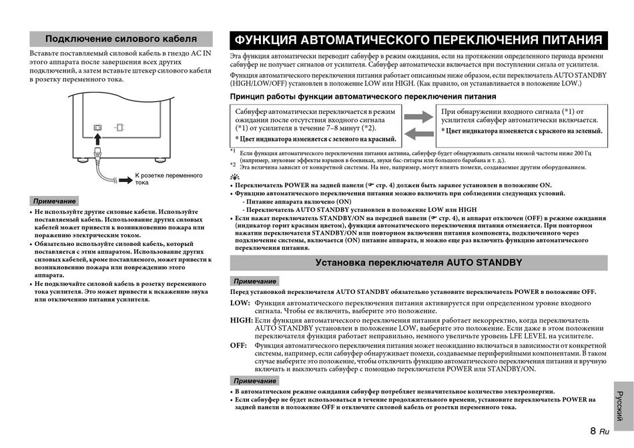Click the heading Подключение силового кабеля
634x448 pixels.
click(x=121, y=39)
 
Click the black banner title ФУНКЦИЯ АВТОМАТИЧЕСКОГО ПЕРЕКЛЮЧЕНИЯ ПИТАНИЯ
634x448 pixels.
click(x=418, y=40)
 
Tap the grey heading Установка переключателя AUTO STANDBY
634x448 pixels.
click(x=418, y=263)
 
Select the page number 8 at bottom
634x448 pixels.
click(x=593, y=431)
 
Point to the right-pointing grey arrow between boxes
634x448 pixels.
click(x=418, y=117)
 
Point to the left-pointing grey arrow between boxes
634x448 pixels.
click(x=418, y=133)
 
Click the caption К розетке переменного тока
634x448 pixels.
click(x=168, y=179)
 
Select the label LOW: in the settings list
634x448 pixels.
click(x=240, y=303)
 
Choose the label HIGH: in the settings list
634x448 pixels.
click(x=241, y=321)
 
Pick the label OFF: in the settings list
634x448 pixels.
click(x=238, y=346)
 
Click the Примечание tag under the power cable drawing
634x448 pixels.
click(x=54, y=201)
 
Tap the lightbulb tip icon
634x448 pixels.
click(x=234, y=176)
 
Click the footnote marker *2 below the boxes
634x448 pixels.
click(x=233, y=164)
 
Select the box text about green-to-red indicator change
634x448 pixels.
click(x=316, y=139)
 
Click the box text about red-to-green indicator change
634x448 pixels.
click(x=521, y=131)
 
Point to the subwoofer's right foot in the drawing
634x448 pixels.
click(x=160, y=159)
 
